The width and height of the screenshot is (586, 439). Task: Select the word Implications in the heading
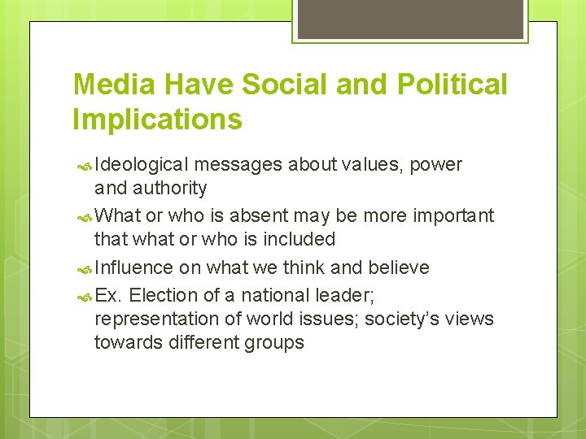click(x=157, y=120)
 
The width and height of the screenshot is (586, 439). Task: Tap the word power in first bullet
click(x=435, y=165)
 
